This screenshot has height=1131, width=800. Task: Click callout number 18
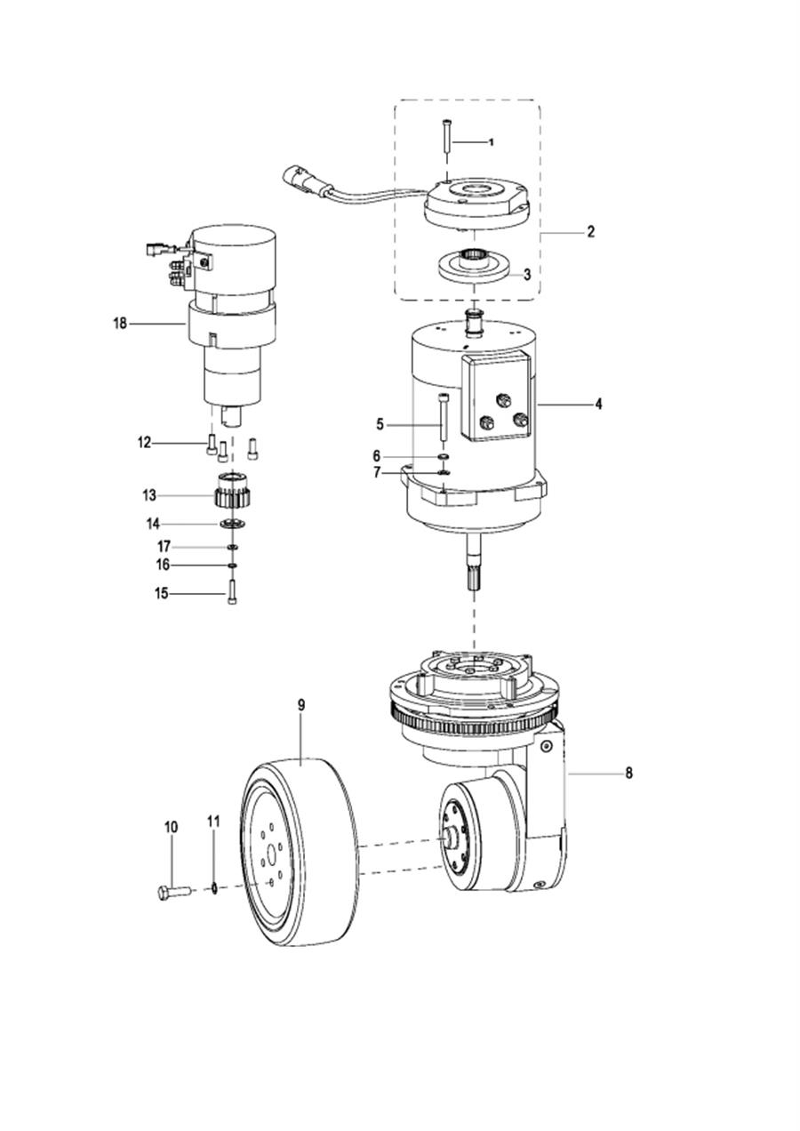click(x=120, y=323)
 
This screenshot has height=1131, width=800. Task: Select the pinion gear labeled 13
click(x=233, y=492)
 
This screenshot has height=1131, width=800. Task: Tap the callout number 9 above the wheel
click(x=301, y=706)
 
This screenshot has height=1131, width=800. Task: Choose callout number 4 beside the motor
click(x=598, y=404)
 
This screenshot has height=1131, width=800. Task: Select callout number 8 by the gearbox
click(x=628, y=773)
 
